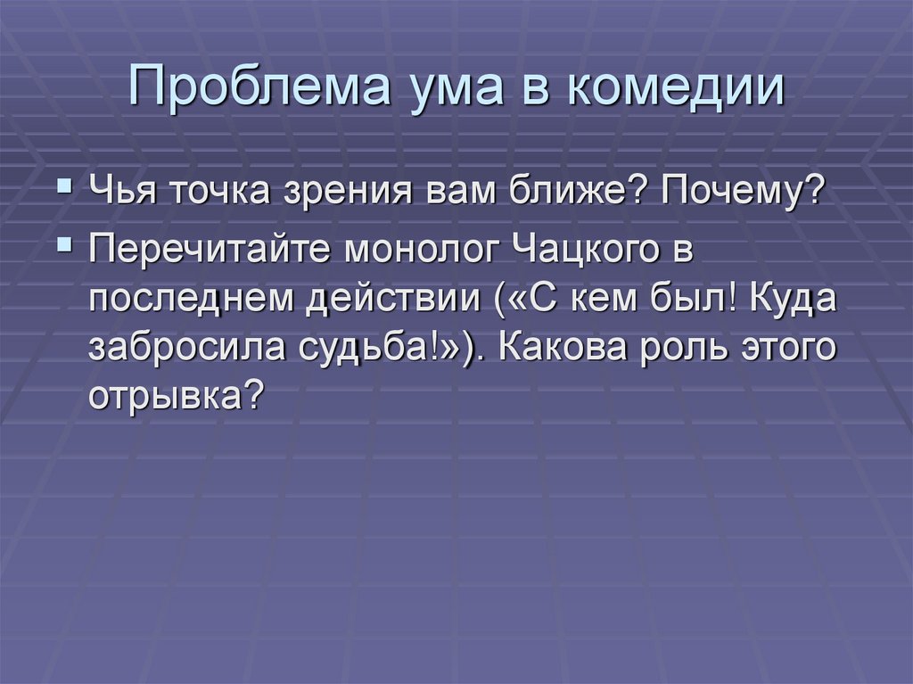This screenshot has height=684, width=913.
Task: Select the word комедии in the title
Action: point(672,88)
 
